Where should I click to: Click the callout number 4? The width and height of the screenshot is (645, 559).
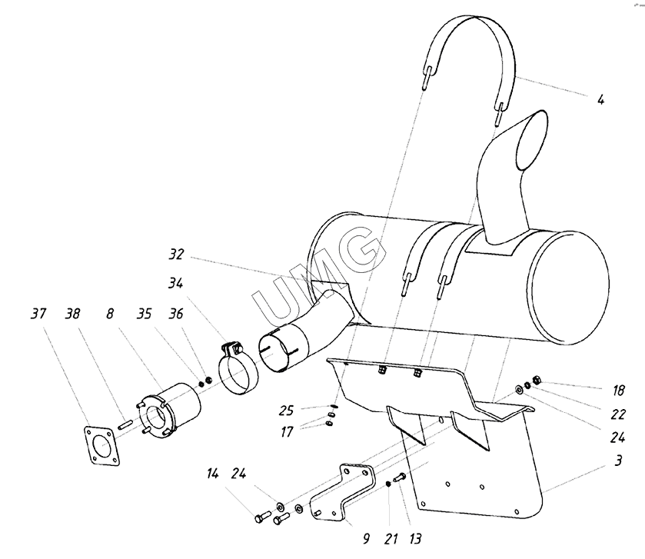[x=600, y=99]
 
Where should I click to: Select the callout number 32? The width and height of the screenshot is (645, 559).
[x=176, y=255]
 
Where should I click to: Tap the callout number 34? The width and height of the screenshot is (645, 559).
[x=175, y=283]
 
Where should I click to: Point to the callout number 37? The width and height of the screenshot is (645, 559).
[x=38, y=314]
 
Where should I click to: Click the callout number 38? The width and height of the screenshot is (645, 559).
[x=73, y=314]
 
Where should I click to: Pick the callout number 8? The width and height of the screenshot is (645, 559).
[x=109, y=314]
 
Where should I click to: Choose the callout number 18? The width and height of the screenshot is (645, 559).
[x=618, y=390]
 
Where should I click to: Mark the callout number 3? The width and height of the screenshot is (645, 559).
[x=618, y=461]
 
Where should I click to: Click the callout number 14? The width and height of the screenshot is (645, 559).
[x=212, y=474]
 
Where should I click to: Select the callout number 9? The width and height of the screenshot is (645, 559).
[x=366, y=538]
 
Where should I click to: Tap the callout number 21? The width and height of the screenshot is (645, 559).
[x=391, y=538]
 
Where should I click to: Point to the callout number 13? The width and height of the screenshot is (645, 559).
[x=415, y=538]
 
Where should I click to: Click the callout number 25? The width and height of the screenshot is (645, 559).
[x=286, y=410]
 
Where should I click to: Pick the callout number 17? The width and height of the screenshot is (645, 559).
[x=286, y=432]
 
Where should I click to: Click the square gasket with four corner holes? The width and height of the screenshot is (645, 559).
[x=102, y=446]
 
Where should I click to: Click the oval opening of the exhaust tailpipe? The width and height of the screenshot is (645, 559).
[x=532, y=140]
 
